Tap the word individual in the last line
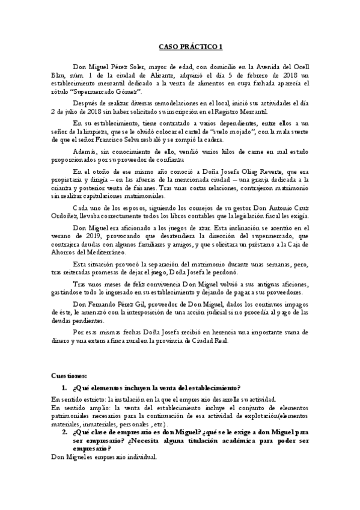141,456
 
